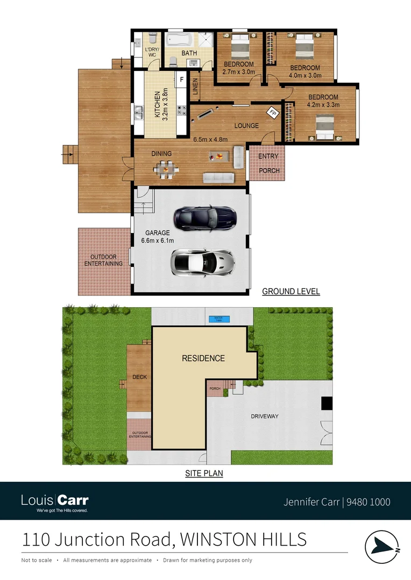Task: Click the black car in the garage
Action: pyautogui.click(x=205, y=216)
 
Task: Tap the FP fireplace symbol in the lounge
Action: pyautogui.click(x=273, y=113)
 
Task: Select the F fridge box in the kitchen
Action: pyautogui.click(x=181, y=81)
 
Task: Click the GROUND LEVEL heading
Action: pyautogui.click(x=290, y=292)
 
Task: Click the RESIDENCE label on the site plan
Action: pyautogui.click(x=203, y=358)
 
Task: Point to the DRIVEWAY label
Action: pyautogui.click(x=264, y=416)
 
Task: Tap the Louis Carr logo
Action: pyautogui.click(x=54, y=502)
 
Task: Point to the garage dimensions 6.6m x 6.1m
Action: pyautogui.click(x=157, y=241)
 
